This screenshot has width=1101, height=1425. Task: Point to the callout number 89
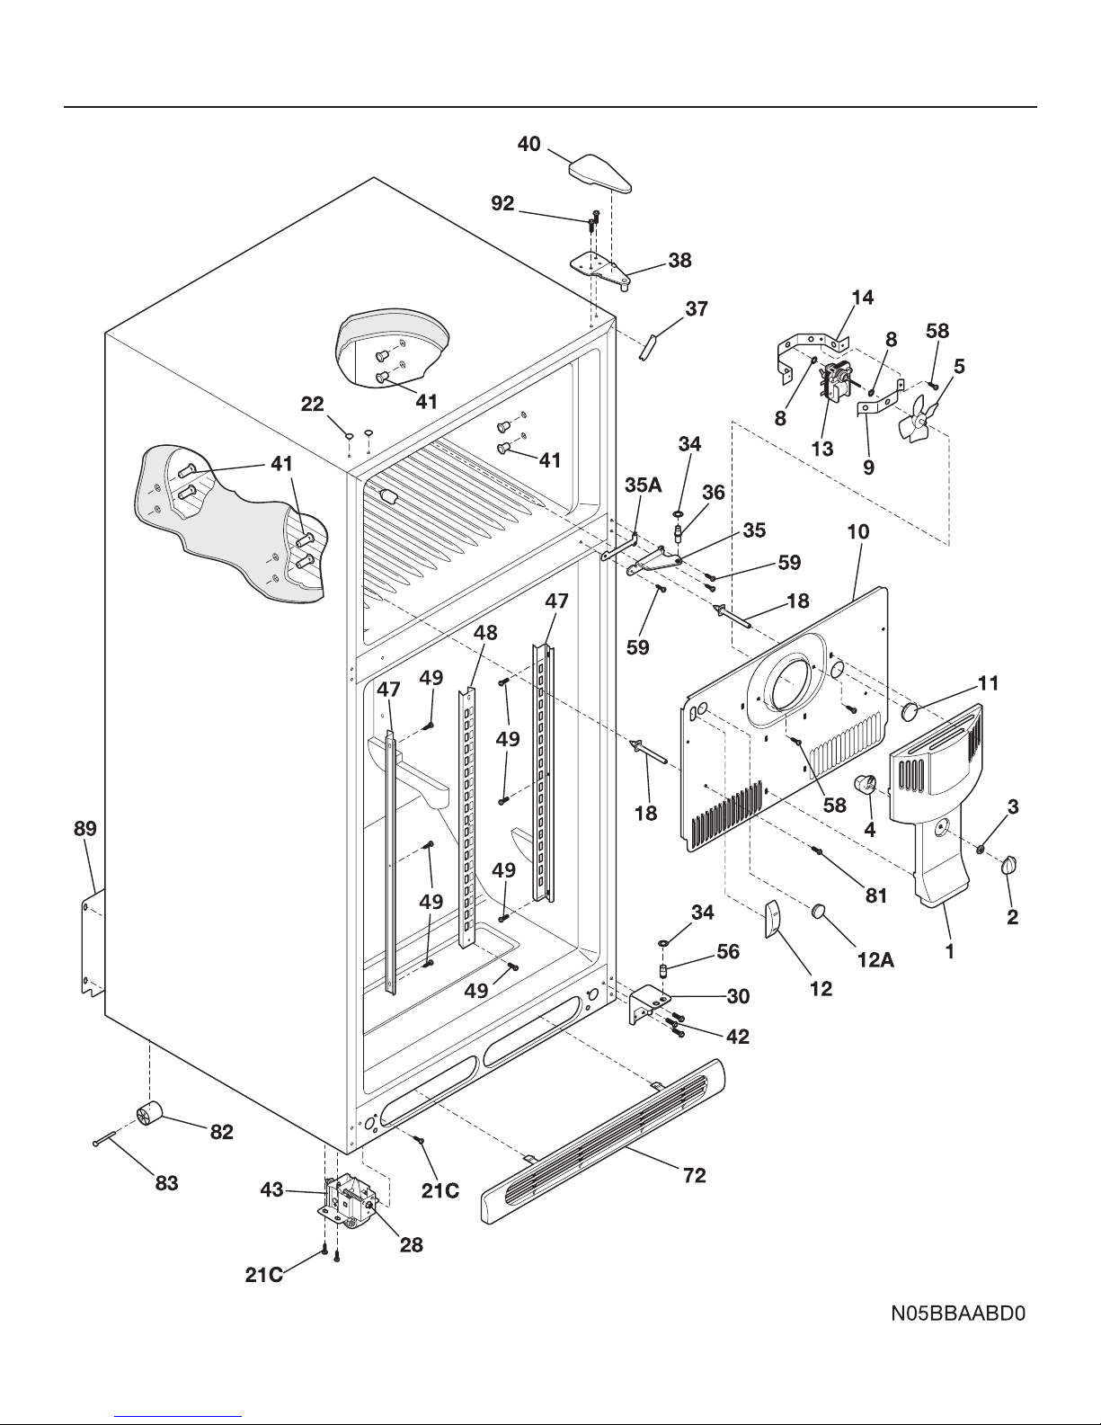[x=85, y=829]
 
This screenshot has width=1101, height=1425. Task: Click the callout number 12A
[x=875, y=960]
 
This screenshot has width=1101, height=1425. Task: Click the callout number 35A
[x=643, y=485]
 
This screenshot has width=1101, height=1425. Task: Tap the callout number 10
[x=858, y=531]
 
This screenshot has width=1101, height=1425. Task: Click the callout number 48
[x=485, y=632]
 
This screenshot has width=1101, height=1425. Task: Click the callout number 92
[x=502, y=204]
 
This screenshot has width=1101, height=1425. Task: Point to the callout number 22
[x=312, y=404]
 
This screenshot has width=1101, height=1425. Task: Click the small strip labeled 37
[x=647, y=346]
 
